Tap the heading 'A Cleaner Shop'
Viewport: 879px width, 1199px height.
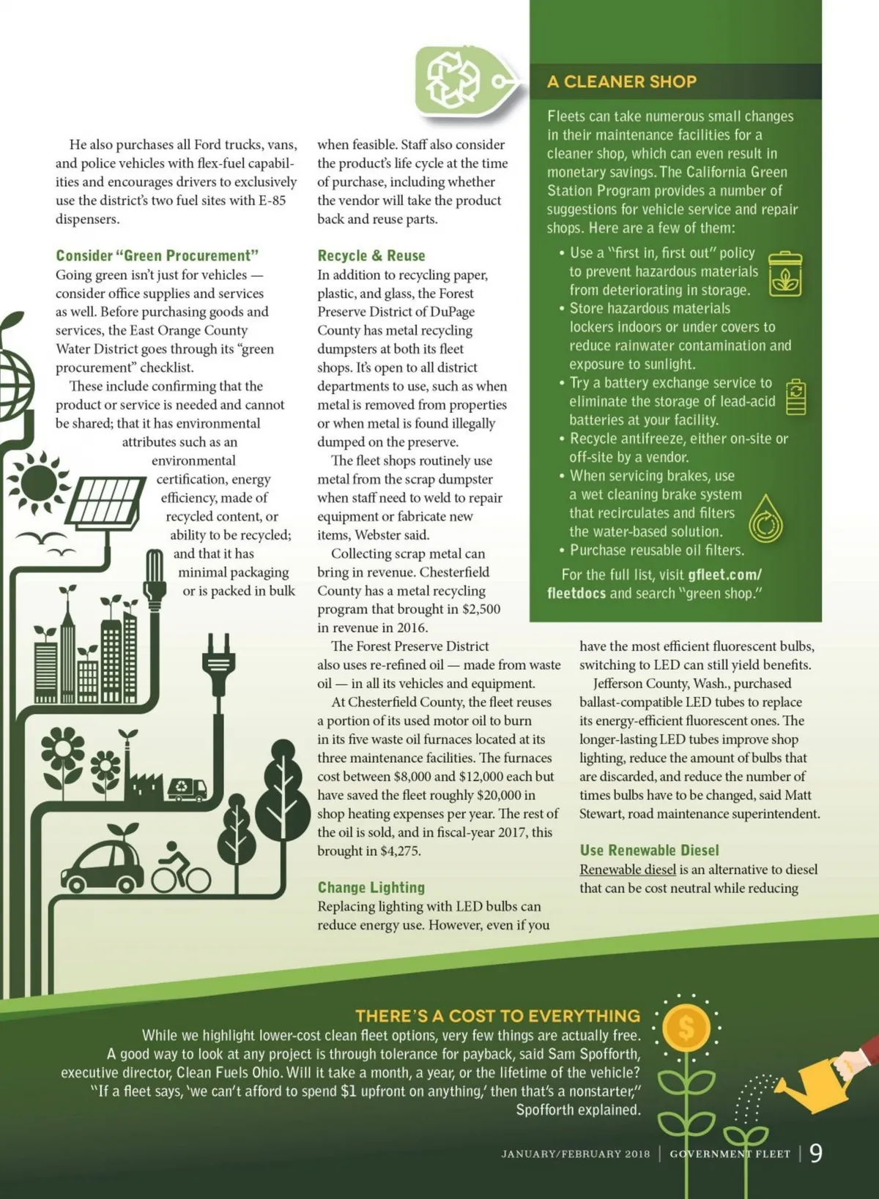coord(621,82)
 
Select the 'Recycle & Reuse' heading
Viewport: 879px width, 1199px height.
coord(371,255)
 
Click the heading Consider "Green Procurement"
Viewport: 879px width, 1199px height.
coord(157,255)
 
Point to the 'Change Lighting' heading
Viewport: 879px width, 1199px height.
coord(371,887)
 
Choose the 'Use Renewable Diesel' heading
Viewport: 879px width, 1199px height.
coord(649,850)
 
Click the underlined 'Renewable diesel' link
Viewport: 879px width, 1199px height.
coord(627,870)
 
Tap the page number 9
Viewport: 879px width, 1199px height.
coord(815,1153)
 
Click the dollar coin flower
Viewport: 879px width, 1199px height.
coord(686,1028)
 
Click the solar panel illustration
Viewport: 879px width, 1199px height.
coord(107,501)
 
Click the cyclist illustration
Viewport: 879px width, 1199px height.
coord(181,869)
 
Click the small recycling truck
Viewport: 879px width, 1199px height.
coord(186,788)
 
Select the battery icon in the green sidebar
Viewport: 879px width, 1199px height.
coord(795,397)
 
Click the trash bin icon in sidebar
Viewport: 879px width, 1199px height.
coord(785,274)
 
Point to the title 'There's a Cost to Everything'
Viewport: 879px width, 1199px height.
coord(497,1015)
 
